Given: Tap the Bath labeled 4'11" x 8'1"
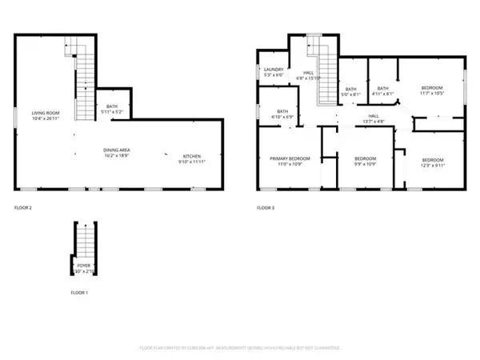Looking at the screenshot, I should click(383, 90).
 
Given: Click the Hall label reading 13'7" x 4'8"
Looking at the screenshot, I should click(374, 118).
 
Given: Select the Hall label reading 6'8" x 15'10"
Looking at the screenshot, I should click(308, 74).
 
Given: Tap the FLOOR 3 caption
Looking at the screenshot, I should click(266, 208).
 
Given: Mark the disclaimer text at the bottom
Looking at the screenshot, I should click(240, 349).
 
